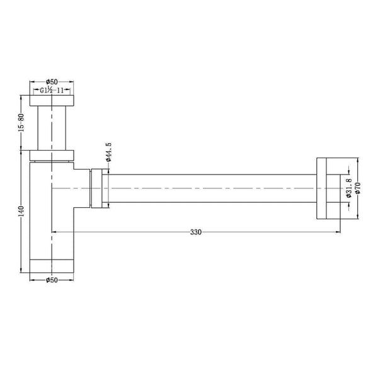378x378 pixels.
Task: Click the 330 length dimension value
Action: coord(196,232)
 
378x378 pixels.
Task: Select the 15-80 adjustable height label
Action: coord(21,122)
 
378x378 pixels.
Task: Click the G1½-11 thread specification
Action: coord(53,91)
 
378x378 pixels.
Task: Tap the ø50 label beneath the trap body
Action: coord(52,280)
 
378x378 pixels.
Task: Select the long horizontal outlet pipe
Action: coord(211,188)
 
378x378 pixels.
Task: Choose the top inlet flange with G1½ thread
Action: coord(52,100)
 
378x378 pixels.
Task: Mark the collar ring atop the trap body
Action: coord(52,155)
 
